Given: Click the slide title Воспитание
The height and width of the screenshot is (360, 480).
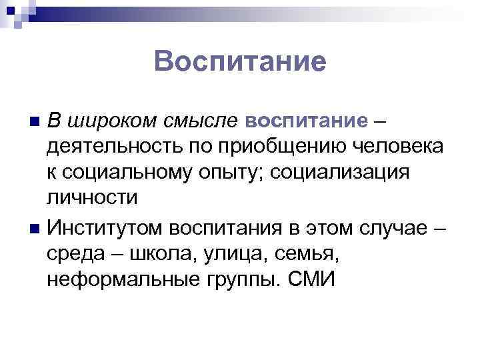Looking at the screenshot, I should [240, 62].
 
